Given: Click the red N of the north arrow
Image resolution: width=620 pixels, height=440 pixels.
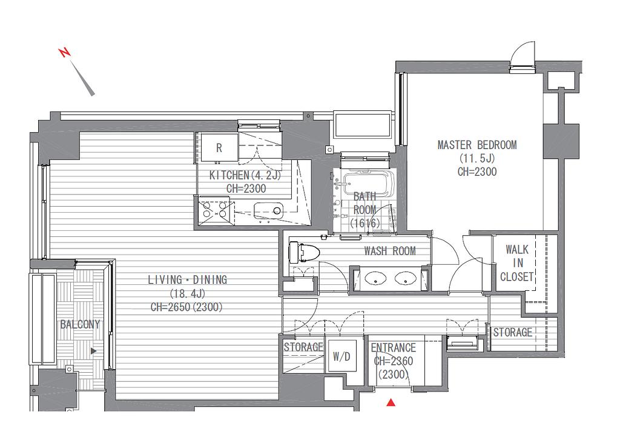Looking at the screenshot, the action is point(64,52).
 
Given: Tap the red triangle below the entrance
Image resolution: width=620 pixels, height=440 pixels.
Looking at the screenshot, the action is point(391,402).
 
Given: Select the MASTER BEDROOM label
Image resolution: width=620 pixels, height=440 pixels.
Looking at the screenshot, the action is point(477,145).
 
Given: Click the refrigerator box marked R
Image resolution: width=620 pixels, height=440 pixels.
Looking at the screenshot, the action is point(219,148).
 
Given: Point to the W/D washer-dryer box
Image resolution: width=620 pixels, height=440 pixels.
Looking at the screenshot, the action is point(341,356).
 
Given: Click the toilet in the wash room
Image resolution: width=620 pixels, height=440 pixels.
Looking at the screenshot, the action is point(300,253).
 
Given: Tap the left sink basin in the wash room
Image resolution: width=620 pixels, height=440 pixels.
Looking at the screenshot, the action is point(375,278).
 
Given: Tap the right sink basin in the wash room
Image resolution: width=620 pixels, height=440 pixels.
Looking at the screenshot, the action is point(405,278).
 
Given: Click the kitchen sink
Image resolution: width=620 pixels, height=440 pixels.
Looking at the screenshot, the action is point(268,210).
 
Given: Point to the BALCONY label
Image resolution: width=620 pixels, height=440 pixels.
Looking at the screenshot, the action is point(80,325).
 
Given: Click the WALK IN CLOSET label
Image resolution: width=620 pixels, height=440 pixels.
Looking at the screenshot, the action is point(517,263).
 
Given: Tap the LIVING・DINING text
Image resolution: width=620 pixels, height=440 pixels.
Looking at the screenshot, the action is point(188,280).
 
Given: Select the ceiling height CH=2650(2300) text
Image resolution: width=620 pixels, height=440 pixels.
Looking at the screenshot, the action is point(186,307).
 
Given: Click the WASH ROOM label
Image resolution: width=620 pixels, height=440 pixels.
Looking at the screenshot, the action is point(390,251).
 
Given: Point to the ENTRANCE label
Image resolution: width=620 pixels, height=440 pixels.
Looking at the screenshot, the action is point(394,348).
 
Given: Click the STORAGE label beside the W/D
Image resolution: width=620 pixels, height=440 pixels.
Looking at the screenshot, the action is point(303,347).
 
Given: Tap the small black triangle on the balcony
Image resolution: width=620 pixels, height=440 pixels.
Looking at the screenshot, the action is point(94,350).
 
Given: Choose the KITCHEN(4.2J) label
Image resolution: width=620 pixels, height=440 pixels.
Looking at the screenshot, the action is point(245,175).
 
